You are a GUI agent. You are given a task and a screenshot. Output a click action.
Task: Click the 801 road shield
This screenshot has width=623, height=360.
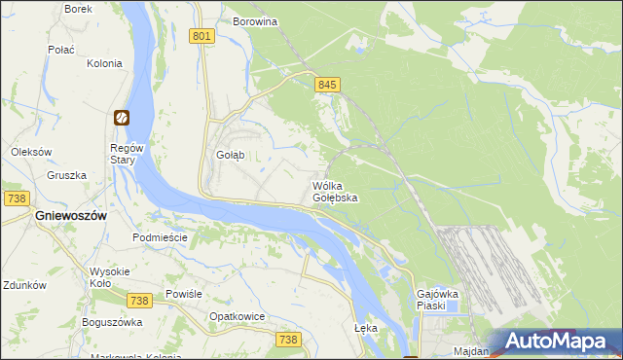point(202,36)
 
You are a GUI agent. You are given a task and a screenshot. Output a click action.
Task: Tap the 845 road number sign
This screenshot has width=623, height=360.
point(327,86)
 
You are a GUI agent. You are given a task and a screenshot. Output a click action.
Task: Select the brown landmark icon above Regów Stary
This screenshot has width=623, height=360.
point(122,118)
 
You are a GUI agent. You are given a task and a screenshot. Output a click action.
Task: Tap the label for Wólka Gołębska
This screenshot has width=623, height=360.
point(335,191)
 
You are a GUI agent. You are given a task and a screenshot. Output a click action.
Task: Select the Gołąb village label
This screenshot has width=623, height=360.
point(229,155)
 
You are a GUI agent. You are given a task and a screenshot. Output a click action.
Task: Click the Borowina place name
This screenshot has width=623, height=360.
point(256,20)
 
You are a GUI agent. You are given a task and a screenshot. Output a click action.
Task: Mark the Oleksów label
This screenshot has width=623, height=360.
point(30,152)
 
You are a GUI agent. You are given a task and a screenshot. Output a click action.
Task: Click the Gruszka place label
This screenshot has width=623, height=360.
point(67,176)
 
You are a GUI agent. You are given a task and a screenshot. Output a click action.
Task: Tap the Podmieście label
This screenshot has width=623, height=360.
point(159,237)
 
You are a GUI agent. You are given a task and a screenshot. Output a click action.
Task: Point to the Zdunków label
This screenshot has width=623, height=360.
point(24,286)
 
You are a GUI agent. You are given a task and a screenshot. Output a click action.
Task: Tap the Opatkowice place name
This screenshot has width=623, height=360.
point(238,317)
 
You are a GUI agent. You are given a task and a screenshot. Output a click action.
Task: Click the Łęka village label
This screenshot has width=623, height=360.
point(366,329)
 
